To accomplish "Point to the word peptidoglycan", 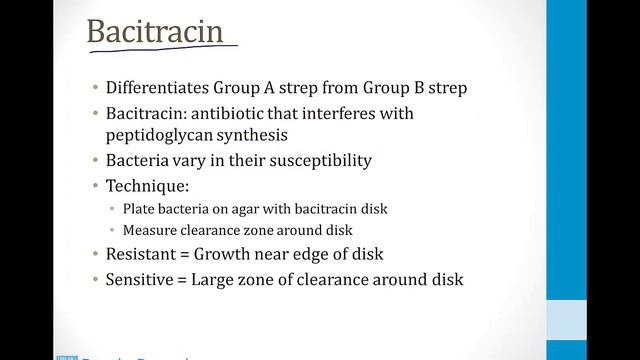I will coord(163,134).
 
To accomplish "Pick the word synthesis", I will coord(269,134).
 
